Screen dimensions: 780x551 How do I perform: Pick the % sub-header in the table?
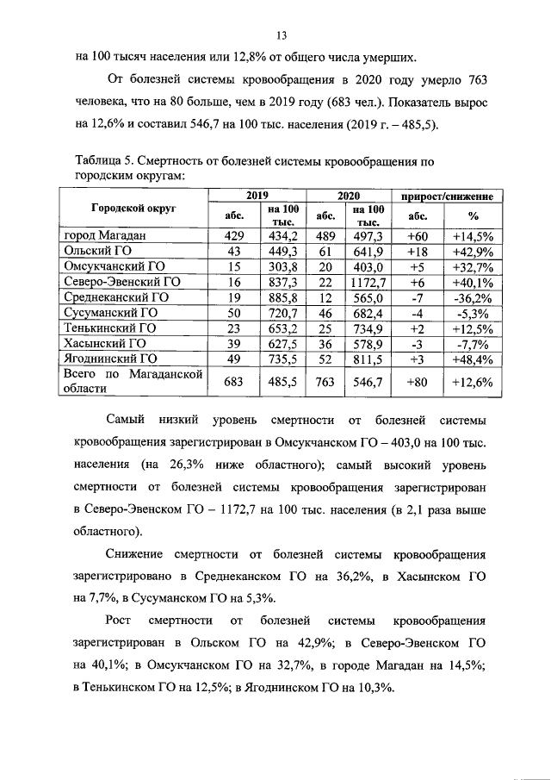472,216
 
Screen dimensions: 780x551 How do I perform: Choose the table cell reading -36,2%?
472,297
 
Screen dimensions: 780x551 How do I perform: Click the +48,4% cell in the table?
472,359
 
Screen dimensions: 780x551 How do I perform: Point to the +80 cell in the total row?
417,381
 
